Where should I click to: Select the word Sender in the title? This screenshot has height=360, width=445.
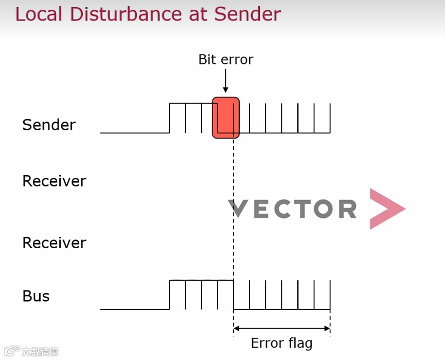pyautogui.click(x=247, y=14)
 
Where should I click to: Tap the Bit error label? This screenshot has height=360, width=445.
pyautogui.click(x=226, y=60)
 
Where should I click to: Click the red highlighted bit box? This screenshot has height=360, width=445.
pyautogui.click(x=226, y=118)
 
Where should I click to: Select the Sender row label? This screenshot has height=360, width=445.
pyautogui.click(x=49, y=125)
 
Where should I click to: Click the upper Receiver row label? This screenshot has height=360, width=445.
pyautogui.click(x=54, y=181)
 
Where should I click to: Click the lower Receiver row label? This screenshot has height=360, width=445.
pyautogui.click(x=54, y=243)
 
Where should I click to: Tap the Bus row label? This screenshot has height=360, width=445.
pyautogui.click(x=36, y=296)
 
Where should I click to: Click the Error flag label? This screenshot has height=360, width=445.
pyautogui.click(x=281, y=344)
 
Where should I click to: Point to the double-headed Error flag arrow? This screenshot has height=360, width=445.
pyautogui.click(x=281, y=328)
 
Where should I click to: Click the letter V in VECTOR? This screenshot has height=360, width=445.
pyautogui.click(x=238, y=209)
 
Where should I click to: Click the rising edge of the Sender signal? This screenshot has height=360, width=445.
pyautogui.click(x=170, y=118)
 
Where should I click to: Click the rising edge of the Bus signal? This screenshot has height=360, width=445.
pyautogui.click(x=170, y=295)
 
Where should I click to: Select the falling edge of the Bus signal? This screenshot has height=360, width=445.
pyautogui.click(x=234, y=295)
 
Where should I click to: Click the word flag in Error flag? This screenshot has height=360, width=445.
pyautogui.click(x=298, y=344)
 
